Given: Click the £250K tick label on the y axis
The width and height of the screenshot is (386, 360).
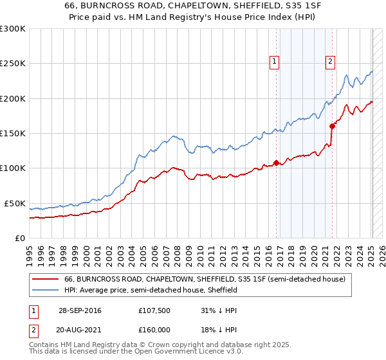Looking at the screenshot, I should click(12, 64).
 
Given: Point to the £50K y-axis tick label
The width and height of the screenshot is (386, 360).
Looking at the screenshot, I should click(14, 203).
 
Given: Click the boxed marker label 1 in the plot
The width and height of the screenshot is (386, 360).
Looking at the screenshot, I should click(275, 62).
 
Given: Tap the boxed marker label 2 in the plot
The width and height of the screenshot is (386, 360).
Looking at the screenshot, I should click(330, 62).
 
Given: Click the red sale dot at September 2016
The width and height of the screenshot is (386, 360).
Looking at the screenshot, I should click(276, 163).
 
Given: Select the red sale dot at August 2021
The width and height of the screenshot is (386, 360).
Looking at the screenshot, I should click(332, 126).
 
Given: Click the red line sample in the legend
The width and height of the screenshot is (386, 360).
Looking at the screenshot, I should click(46, 280).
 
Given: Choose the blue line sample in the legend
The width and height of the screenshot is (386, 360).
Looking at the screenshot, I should click(46, 291).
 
